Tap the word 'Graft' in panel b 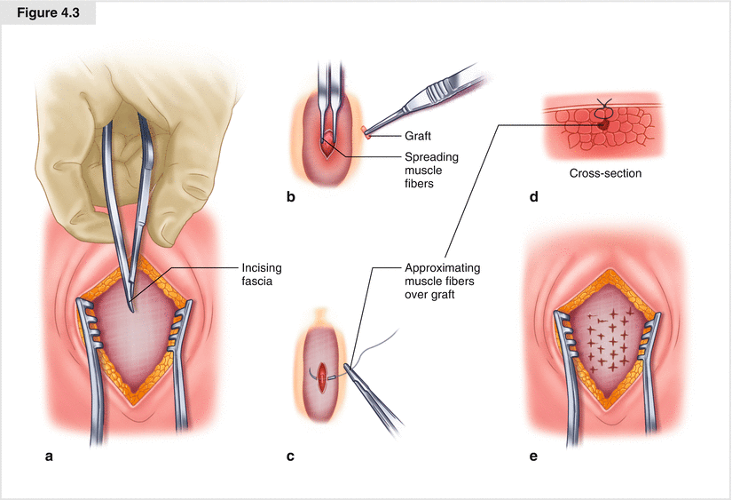419,136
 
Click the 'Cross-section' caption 605,173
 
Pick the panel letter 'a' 49,457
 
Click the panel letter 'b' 291,196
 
